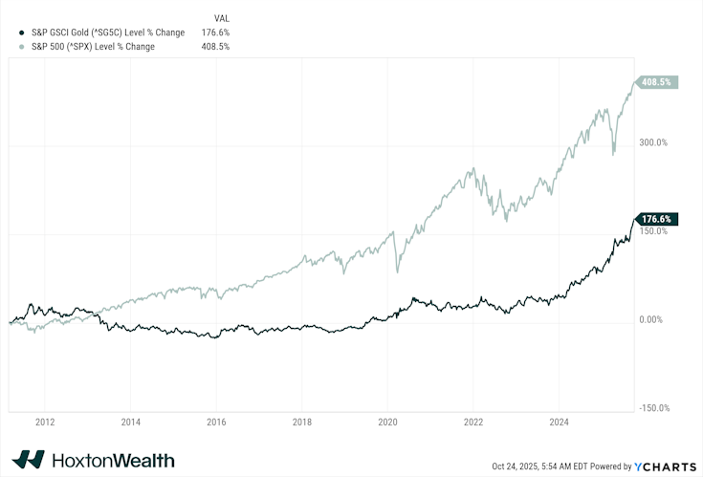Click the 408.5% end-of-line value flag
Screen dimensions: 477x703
click(x=659, y=82)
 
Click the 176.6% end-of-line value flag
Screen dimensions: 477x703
click(x=659, y=219)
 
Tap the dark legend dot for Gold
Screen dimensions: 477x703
click(x=10, y=32)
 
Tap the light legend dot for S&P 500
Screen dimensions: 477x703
click(x=10, y=46)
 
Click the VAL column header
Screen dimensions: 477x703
click(x=222, y=18)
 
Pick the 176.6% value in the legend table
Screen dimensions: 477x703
click(x=215, y=32)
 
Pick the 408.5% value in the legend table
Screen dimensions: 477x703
click(x=215, y=46)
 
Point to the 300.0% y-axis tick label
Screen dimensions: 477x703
click(x=654, y=142)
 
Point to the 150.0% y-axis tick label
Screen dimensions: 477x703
click(x=654, y=231)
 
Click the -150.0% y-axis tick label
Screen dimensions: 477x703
click(x=654, y=408)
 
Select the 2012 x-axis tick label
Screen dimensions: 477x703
click(x=44, y=421)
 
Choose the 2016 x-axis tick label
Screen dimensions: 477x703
click(x=216, y=421)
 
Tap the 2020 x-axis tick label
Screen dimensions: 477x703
click(x=388, y=421)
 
